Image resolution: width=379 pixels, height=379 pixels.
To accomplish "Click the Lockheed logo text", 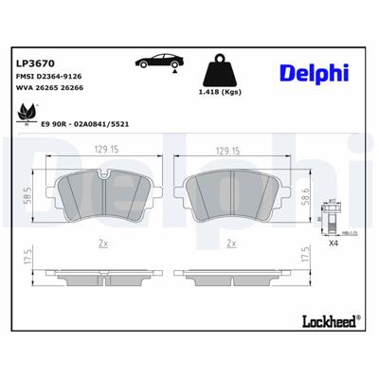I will [x=327, y=320].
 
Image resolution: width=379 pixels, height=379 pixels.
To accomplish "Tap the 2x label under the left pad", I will [x=101, y=244].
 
